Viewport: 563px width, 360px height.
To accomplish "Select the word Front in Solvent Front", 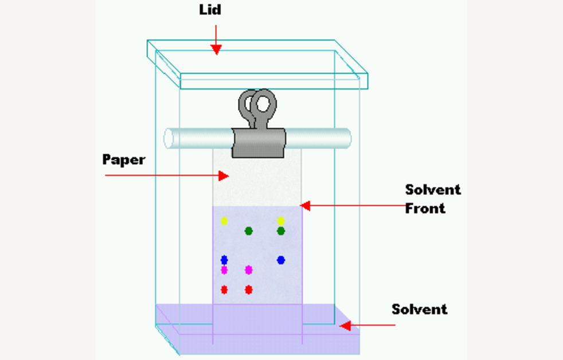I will pos(425,208).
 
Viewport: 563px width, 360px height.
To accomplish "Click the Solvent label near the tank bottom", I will pos(419,310).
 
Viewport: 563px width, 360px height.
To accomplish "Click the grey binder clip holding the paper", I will pos(258,129).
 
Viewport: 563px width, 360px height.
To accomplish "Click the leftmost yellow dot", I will pos(224,221).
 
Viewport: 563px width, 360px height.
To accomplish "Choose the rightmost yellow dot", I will pos(281,221).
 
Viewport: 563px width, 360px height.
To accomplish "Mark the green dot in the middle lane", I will pos(248,231).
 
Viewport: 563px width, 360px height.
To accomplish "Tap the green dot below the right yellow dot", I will pos(281,231).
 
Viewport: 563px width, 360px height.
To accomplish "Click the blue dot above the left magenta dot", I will pos(224,260).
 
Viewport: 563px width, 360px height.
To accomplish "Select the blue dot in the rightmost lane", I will pos(281,260).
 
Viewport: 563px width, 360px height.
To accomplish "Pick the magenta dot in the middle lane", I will pos(248,269).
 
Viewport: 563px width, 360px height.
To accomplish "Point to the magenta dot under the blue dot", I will pos(224,269).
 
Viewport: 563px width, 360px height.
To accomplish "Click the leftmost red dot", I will pos(224,289).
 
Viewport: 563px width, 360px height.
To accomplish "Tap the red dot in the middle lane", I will pos(248,289).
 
